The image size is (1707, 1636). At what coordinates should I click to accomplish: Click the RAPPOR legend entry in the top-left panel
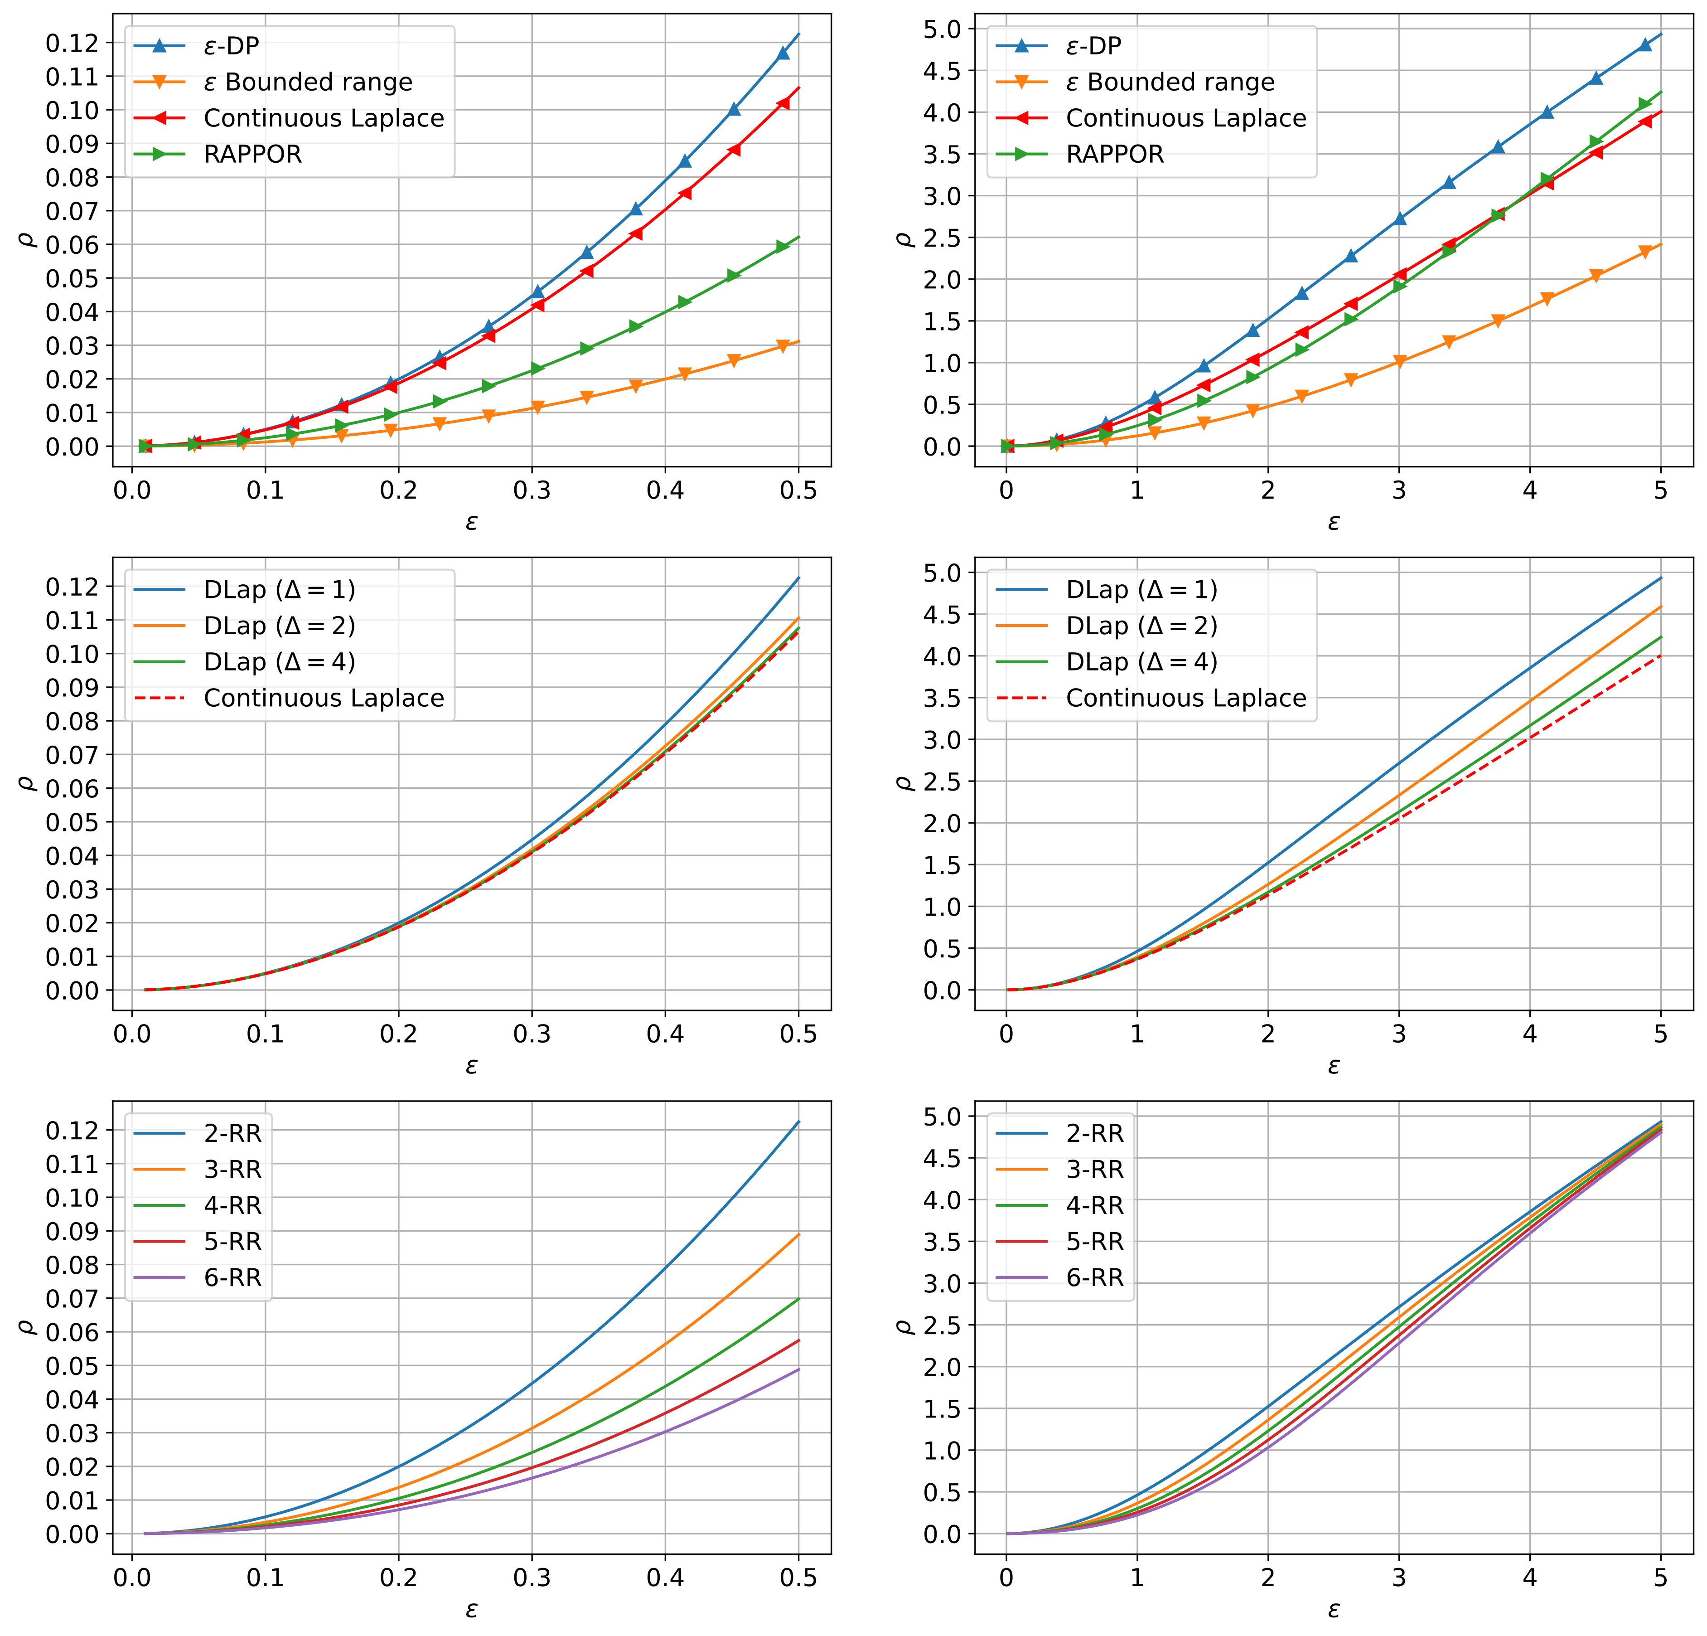[x=252, y=154]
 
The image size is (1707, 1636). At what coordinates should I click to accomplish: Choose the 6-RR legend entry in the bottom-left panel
[x=232, y=1278]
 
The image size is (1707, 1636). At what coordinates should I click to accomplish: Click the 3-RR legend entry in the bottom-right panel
[x=1095, y=1169]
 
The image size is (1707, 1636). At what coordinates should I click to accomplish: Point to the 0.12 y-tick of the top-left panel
[x=73, y=43]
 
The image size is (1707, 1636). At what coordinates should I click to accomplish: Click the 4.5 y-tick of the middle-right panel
[x=943, y=614]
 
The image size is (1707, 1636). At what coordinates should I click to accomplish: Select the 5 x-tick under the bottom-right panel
[x=1660, y=1578]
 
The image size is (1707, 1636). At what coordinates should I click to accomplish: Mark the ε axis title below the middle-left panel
[x=471, y=1065]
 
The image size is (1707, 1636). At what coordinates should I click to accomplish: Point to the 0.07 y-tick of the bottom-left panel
[x=73, y=1298]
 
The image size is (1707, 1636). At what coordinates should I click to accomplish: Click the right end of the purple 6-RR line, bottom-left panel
[x=798, y=1369]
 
